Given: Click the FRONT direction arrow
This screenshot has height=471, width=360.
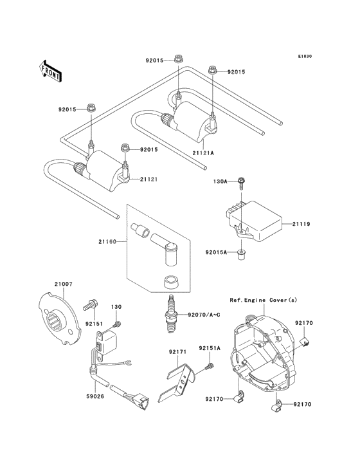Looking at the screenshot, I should click(51, 71).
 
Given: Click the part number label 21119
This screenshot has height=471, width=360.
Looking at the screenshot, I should click(302, 224).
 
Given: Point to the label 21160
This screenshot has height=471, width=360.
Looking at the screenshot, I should click(109, 241).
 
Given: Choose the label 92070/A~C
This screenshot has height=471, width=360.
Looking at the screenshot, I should click(204, 315).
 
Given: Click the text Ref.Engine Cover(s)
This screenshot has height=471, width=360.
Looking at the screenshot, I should click(264, 300).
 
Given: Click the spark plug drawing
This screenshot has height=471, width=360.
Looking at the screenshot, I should click(172, 313).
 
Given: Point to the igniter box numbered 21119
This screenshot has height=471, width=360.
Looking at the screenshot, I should click(257, 220).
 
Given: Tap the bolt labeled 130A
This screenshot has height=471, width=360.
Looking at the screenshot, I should click(240, 183).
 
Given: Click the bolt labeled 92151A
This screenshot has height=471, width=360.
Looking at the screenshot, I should click(209, 367).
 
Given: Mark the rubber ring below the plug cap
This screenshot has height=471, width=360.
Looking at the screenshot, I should click(172, 281).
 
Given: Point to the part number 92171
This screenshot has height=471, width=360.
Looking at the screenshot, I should click(177, 352).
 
